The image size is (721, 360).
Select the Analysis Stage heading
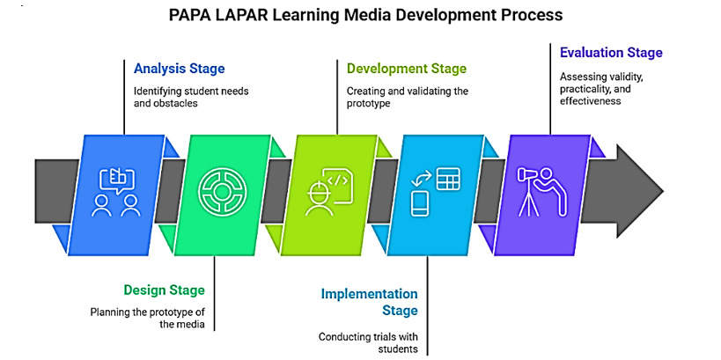pyautogui.click(x=179, y=68)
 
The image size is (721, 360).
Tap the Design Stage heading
pyautogui.click(x=164, y=290)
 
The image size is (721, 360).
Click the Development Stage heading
pyautogui.click(x=406, y=68)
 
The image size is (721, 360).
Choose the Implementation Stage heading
pyautogui.click(x=369, y=301)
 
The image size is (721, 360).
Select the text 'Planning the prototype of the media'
pyautogui.click(x=147, y=318)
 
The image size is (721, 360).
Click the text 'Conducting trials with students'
pyautogui.click(x=368, y=343)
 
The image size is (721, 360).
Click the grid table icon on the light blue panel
pyautogui.click(x=447, y=179)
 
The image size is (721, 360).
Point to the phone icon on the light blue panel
pyautogui.click(x=420, y=203)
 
